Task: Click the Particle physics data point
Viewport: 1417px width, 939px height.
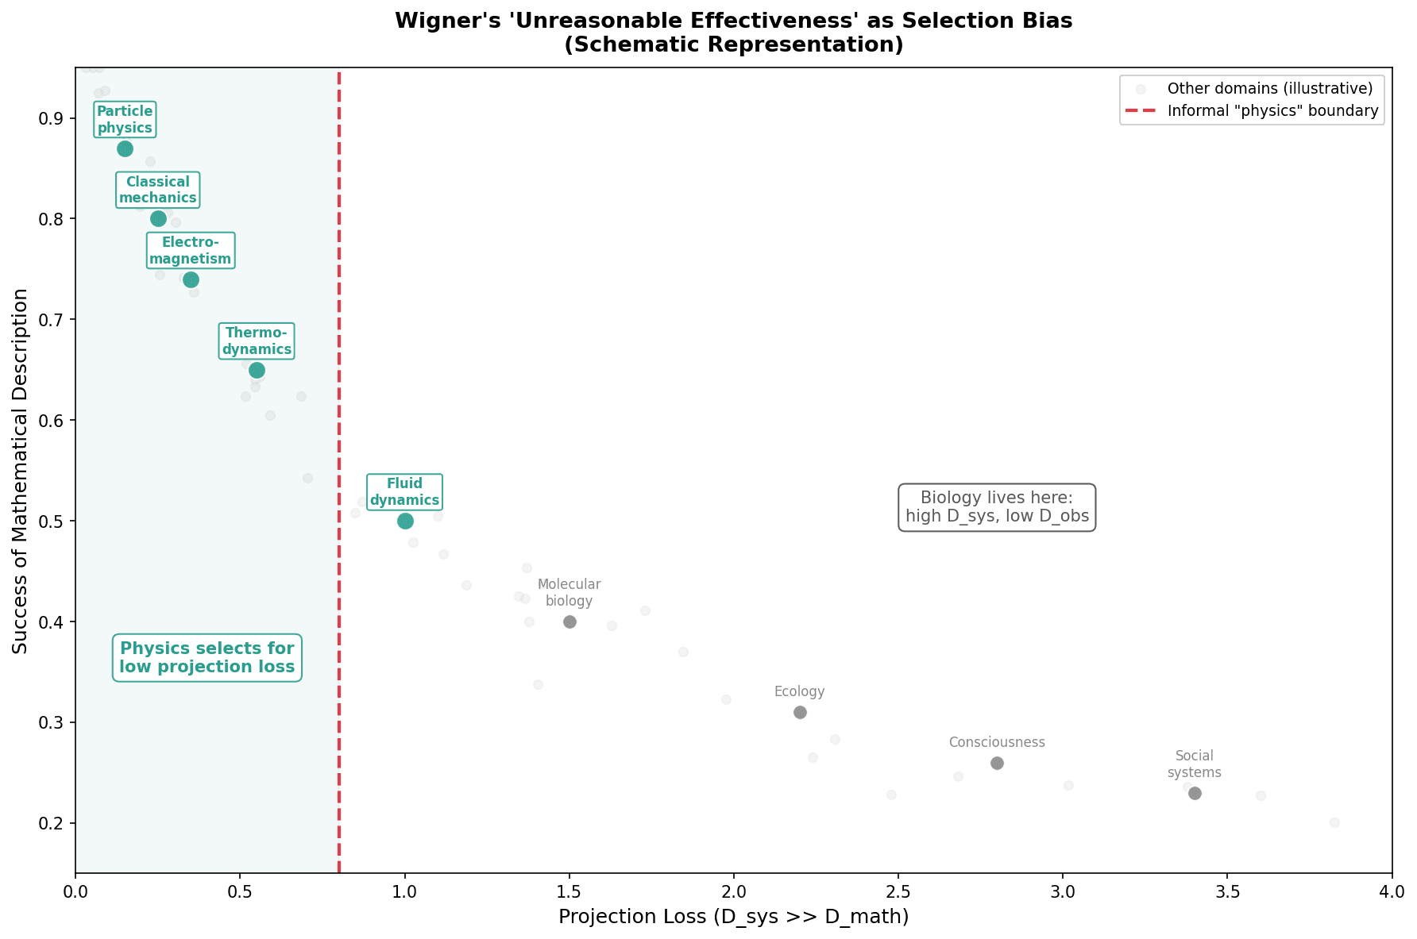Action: click(x=125, y=148)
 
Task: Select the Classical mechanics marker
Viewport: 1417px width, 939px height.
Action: click(x=158, y=218)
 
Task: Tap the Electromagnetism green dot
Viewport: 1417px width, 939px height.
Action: click(x=191, y=279)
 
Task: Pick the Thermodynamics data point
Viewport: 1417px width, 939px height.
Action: click(x=257, y=370)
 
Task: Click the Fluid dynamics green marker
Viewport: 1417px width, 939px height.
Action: click(x=405, y=521)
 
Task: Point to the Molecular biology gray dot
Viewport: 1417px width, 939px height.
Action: click(x=570, y=622)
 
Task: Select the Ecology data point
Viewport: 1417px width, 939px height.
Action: click(x=800, y=712)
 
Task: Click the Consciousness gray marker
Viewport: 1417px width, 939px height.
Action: click(x=997, y=763)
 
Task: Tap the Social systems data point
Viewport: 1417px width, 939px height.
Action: click(x=1195, y=793)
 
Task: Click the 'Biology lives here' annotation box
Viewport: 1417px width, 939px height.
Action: click(x=997, y=507)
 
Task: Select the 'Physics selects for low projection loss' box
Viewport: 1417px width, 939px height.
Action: click(x=207, y=657)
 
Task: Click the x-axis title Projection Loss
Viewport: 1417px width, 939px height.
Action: click(x=733, y=918)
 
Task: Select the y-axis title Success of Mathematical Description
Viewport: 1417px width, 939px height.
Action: click(x=20, y=471)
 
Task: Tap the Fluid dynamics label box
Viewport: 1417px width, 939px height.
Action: click(x=404, y=492)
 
